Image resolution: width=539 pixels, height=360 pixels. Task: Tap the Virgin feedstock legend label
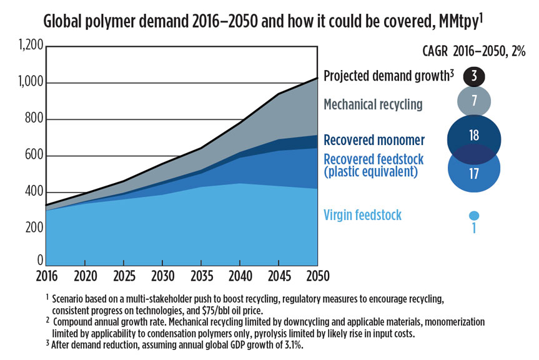tap(362, 216)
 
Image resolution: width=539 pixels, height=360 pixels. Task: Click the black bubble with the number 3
tap(474, 76)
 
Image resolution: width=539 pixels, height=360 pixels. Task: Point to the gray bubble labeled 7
tap(474, 101)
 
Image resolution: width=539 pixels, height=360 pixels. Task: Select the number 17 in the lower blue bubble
tap(474, 173)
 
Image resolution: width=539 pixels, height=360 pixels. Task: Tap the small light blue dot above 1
tap(474, 215)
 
